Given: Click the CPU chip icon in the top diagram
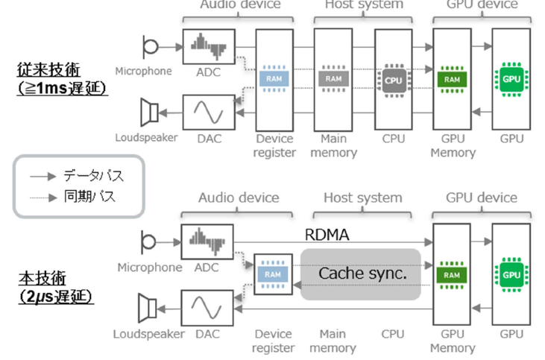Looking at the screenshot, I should [x=394, y=78].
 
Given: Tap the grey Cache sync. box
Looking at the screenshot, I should [x=362, y=274].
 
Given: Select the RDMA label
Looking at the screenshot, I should [x=327, y=236].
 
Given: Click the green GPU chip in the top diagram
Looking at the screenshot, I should [x=511, y=78].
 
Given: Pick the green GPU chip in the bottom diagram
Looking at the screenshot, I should [x=511, y=274].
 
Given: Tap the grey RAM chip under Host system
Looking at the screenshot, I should [x=333, y=78].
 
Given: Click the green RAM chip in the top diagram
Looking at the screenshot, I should [x=452, y=78].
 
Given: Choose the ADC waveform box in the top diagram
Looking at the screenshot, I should [x=207, y=46].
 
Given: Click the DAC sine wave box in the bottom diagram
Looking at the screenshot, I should [x=207, y=307].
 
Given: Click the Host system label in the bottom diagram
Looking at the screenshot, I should [x=363, y=198].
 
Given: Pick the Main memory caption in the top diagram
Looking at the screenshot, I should [x=333, y=145].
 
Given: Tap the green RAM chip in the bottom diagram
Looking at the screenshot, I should [x=452, y=274].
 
